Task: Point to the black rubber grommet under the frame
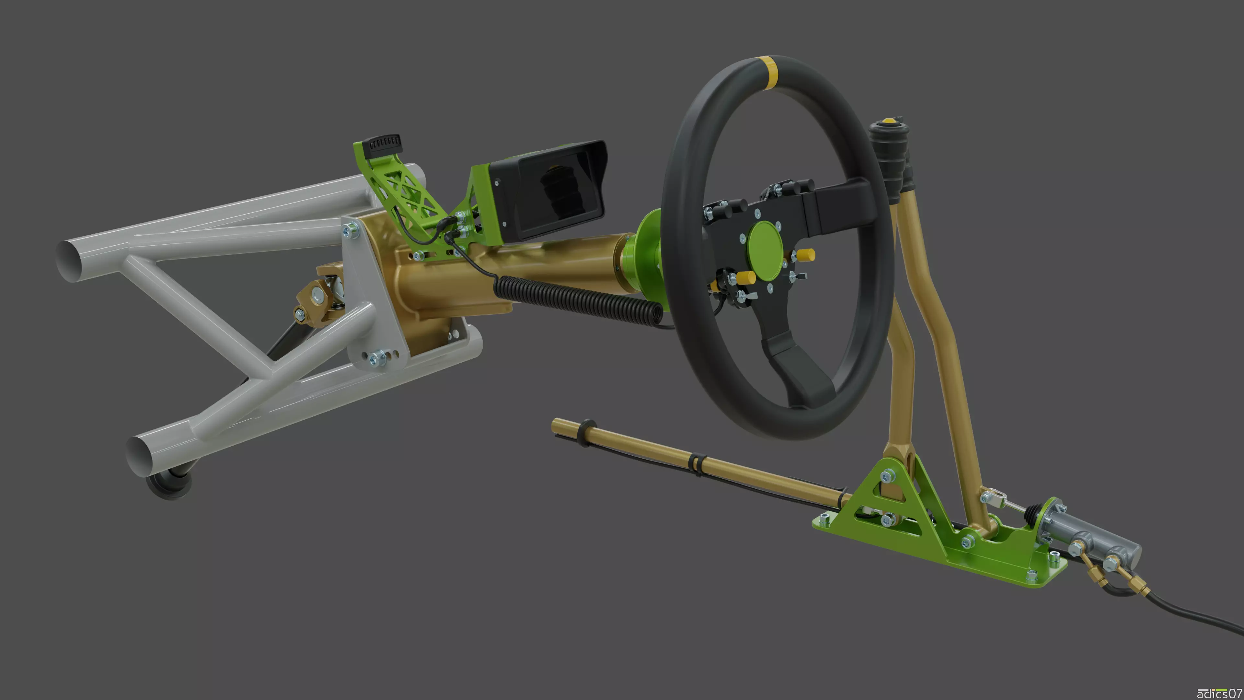pos(169,483)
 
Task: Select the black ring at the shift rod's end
pos(588,432)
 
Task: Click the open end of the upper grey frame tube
pos(70,261)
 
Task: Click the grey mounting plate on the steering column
pos(374,299)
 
